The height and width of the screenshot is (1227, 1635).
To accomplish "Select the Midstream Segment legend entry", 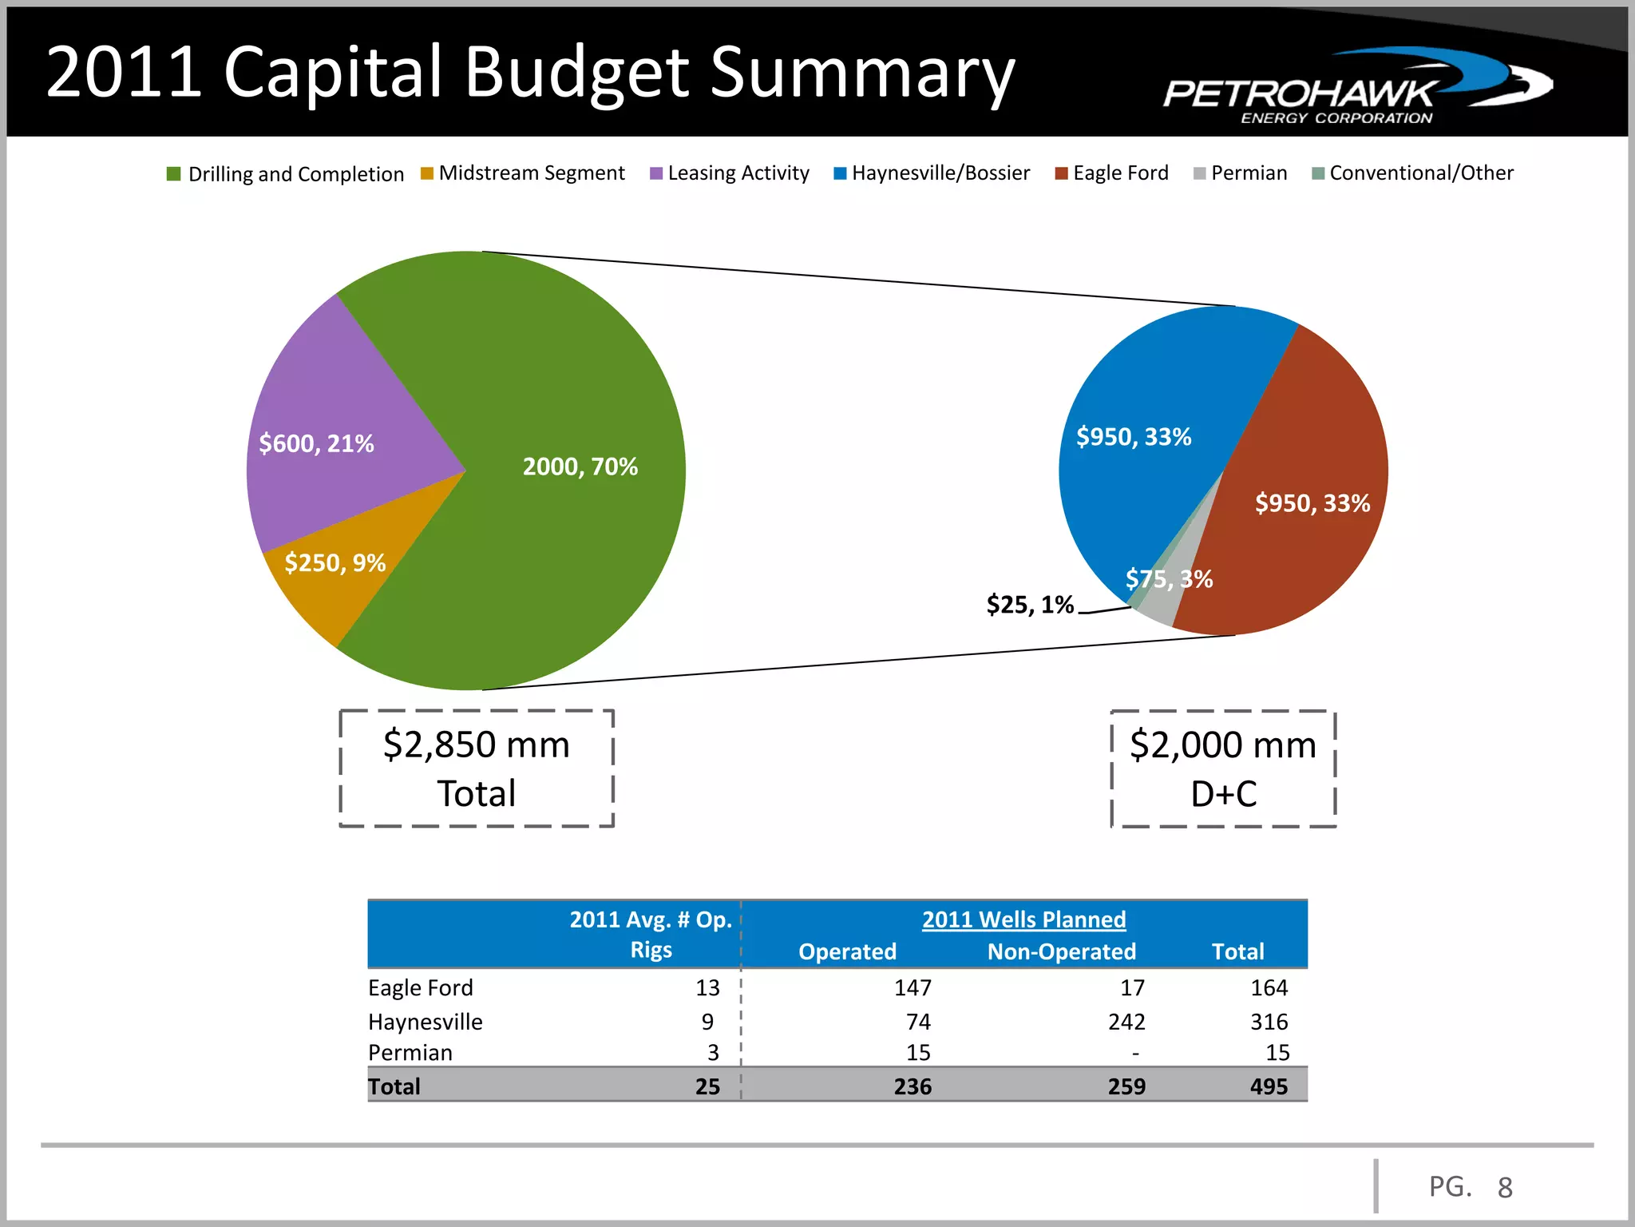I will pos(523,173).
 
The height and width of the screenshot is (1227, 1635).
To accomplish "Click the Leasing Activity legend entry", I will pos(730,173).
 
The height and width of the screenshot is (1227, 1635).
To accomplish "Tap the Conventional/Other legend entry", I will pos(1413,173).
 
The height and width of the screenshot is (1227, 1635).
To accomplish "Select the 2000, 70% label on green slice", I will pos(580,467).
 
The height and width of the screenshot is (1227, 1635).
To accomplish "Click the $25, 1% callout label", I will pos(1030,605).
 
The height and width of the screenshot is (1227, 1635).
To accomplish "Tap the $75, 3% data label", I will pos(1169,578).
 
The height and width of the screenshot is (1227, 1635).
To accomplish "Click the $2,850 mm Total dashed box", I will pos(477,768).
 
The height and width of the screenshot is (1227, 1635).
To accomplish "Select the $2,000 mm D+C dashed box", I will pos(1223,768).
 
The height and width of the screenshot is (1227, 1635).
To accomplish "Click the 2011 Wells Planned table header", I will pos(1023,919).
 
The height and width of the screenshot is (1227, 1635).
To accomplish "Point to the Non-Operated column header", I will pos(1061,951).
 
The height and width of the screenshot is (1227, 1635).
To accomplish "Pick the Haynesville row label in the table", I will pos(426,1022).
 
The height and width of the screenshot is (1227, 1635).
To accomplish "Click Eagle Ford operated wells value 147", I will pos(913,988).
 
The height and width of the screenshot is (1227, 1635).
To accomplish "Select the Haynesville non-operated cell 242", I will pos(1126,1022).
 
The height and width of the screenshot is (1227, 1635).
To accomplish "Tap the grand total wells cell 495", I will pos(1269,1086).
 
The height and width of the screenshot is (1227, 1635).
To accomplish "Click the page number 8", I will pos(1505,1188).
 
